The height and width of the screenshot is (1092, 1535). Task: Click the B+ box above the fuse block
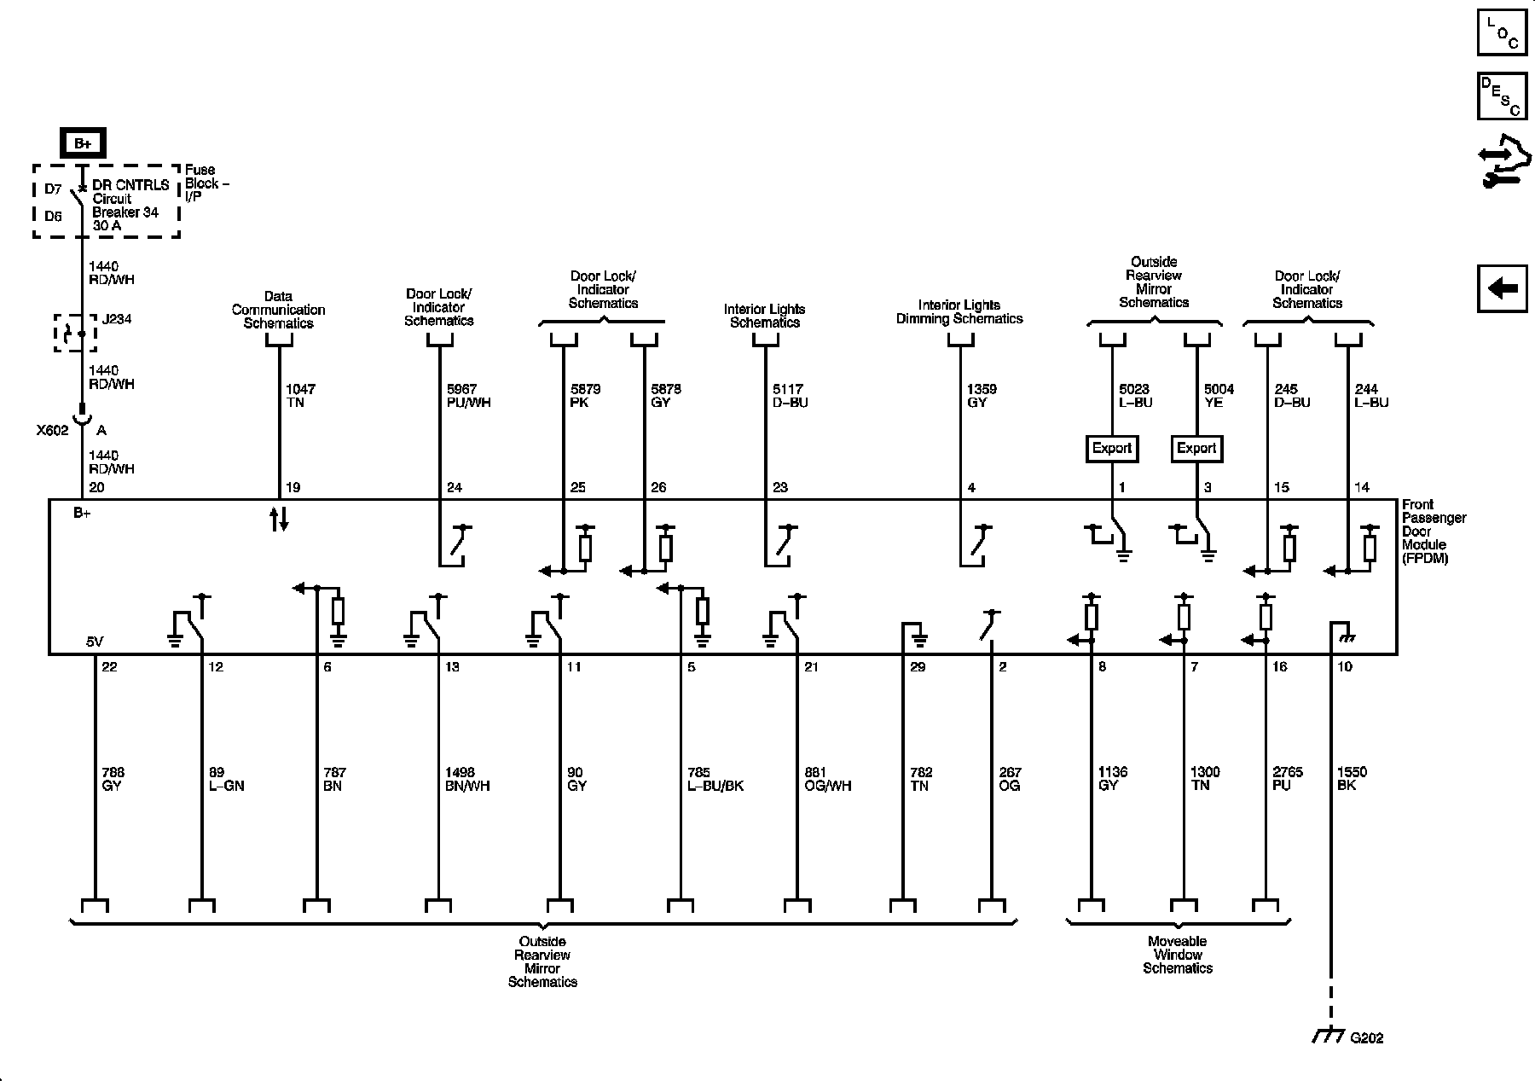click(x=83, y=143)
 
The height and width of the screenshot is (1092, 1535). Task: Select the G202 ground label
click(x=1366, y=1038)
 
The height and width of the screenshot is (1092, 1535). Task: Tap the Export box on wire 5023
click(x=1112, y=448)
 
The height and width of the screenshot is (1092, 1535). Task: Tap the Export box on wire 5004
click(x=1196, y=448)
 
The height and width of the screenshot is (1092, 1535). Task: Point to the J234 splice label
click(x=117, y=320)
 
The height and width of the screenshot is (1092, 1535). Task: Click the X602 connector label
click(x=52, y=431)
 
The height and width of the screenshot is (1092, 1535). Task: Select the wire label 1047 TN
click(x=300, y=396)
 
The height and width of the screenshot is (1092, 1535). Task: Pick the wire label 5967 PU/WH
click(x=468, y=396)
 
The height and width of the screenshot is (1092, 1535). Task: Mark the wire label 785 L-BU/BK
click(x=715, y=779)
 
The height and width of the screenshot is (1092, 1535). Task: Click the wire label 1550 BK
click(x=1352, y=779)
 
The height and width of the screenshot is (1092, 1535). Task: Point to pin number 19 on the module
click(x=293, y=488)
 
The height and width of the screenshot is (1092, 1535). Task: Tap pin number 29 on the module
click(x=918, y=667)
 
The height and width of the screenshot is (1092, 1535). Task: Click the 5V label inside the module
click(x=96, y=641)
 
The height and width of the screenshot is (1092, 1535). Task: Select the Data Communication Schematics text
click(x=278, y=311)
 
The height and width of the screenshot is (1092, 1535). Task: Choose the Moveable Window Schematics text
click(x=1178, y=955)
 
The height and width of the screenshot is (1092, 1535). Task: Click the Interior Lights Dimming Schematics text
click(x=959, y=312)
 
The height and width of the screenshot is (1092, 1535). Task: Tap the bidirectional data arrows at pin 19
click(x=279, y=519)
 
